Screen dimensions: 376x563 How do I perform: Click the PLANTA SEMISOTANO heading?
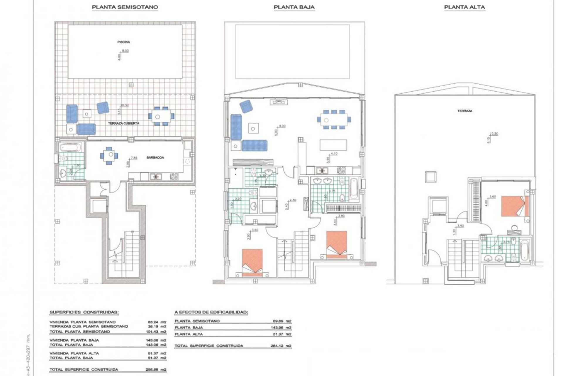125,7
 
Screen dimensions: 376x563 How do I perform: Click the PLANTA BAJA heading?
294,7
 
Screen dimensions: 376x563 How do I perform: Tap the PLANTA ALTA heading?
464,7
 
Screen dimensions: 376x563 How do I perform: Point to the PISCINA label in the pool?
123,42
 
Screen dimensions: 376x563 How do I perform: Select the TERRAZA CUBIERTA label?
123,124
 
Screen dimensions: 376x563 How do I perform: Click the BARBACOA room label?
155,158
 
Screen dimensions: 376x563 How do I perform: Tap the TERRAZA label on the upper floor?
465,111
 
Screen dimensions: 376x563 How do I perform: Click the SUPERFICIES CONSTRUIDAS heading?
84,312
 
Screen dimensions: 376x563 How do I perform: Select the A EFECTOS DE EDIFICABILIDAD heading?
211,312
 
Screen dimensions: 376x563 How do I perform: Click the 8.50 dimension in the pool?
125,51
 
